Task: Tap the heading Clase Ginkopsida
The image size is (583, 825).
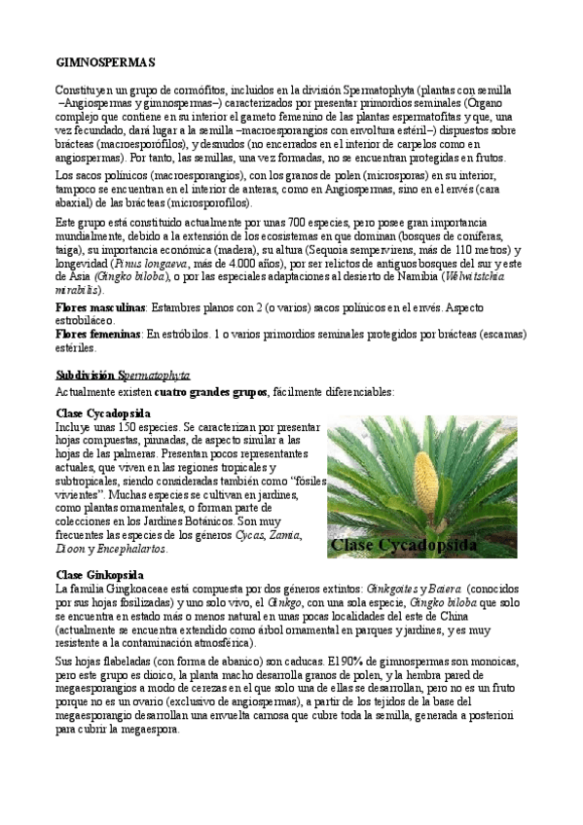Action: [100, 574]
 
